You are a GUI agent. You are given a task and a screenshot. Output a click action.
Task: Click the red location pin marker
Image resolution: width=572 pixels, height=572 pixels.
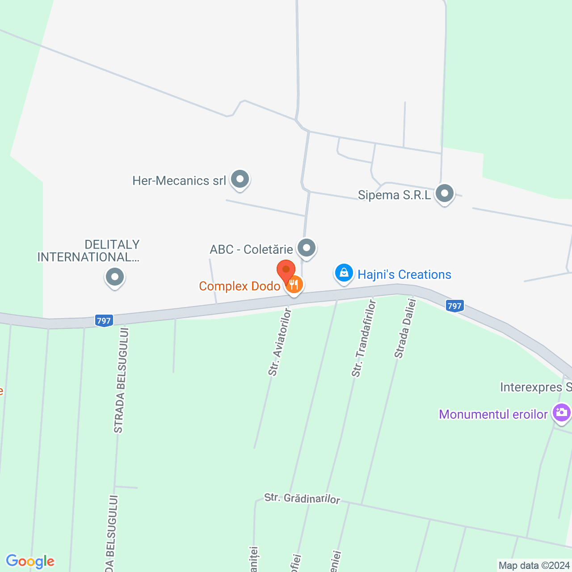[286, 270]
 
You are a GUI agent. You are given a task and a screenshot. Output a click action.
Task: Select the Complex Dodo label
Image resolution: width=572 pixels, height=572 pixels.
[240, 286]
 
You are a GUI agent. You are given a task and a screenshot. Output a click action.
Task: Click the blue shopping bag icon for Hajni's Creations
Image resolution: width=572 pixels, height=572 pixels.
[344, 273]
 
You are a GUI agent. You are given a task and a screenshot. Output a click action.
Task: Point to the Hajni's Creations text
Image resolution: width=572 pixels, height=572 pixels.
[404, 274]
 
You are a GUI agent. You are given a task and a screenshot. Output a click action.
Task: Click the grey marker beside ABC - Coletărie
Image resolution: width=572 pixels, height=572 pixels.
[307, 248]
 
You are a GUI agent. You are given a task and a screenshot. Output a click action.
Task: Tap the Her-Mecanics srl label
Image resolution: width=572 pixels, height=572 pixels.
[179, 181]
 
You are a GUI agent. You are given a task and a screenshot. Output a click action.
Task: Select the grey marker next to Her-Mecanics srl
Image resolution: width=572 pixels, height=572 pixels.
[240, 180]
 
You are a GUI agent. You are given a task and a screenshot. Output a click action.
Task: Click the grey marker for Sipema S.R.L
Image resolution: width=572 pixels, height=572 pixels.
[445, 194]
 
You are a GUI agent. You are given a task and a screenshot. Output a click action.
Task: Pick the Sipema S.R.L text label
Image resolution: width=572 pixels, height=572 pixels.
[395, 195]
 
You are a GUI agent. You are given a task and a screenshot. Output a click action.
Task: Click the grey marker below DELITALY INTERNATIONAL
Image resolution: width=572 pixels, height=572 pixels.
[115, 277]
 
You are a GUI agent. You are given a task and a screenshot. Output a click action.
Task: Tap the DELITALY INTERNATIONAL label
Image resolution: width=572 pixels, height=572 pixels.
[89, 251]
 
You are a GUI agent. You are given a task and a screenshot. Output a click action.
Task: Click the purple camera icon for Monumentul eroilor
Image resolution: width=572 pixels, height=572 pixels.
[561, 412]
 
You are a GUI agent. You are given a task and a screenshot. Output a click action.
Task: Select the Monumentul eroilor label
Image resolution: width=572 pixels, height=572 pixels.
[493, 414]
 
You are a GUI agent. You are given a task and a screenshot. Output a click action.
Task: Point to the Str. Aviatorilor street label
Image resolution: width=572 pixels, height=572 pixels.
[280, 342]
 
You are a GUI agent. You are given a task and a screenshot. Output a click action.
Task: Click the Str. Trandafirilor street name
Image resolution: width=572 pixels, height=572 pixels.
[364, 338]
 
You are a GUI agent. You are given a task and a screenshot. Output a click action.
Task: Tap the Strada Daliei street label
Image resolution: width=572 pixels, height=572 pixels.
[405, 328]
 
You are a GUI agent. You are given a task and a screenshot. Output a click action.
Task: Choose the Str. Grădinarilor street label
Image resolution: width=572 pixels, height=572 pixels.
[302, 498]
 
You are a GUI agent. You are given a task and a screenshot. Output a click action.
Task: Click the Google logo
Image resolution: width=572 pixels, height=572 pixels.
[30, 561]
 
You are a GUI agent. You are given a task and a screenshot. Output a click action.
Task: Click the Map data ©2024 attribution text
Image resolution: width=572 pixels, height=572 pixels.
[534, 565]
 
